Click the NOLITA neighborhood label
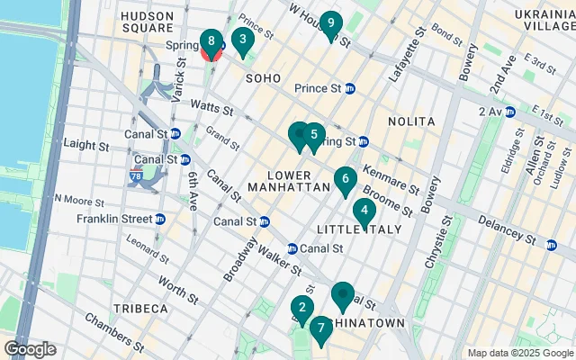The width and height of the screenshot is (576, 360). click(411, 121)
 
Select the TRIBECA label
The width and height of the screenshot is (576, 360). click(140, 309)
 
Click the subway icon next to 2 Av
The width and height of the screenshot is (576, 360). click(510, 112)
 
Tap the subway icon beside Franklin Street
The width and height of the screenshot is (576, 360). click(159, 218)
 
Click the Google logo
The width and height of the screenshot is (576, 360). click(30, 349)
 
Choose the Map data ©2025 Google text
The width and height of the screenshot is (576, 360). click(519, 353)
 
